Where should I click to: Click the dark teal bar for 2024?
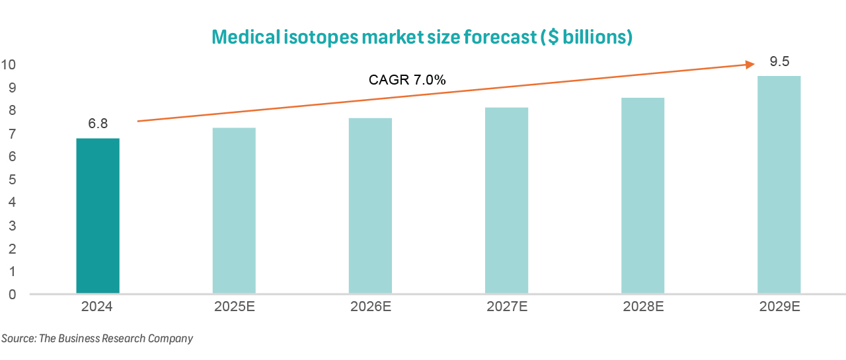click(x=98, y=216)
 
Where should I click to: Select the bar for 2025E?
click(x=234, y=211)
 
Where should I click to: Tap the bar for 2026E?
click(x=370, y=205)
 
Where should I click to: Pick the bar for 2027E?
click(x=506, y=200)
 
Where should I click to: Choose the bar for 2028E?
click(x=642, y=196)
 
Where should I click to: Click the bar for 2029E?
click(x=779, y=185)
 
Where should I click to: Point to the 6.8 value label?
click(x=98, y=124)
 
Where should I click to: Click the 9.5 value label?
click(x=780, y=62)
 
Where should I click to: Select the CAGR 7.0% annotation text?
click(x=407, y=81)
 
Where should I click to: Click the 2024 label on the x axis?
click(x=98, y=307)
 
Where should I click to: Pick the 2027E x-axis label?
click(x=506, y=307)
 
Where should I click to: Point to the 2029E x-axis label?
click(x=779, y=307)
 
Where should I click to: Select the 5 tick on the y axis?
click(x=12, y=180)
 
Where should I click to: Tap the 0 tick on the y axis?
click(x=12, y=295)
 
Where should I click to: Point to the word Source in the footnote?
click(x=19, y=339)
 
